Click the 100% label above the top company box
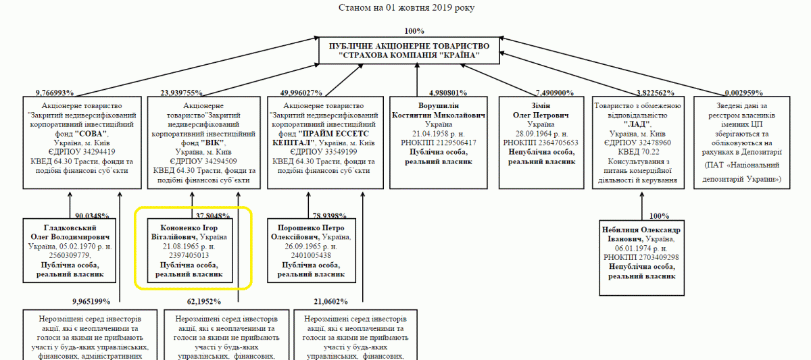click(414, 31)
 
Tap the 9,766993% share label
click(55, 93)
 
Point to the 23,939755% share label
click(182, 93)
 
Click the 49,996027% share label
click(301, 93)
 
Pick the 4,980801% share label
click(448, 93)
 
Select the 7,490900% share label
click(555, 93)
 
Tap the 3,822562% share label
click(655, 93)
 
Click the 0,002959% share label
click(744, 93)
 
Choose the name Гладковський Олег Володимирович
click(70, 232)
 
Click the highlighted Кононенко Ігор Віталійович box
click(191, 248)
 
